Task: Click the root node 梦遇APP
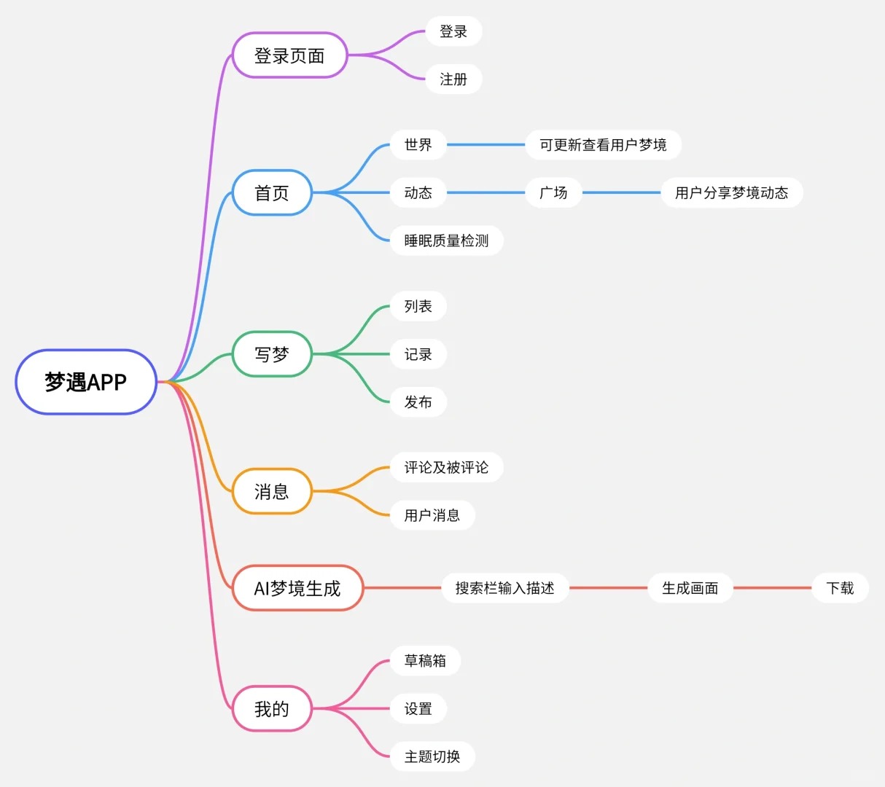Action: point(86,382)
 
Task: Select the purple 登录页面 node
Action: point(289,55)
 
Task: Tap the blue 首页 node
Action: point(272,193)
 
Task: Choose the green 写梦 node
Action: point(272,354)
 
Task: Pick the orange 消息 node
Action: point(272,492)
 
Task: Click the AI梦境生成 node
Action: point(297,588)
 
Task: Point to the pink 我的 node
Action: point(272,708)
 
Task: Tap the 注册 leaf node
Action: point(453,79)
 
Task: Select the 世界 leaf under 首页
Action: point(418,145)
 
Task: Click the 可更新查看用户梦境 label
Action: point(603,145)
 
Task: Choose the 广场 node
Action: point(553,193)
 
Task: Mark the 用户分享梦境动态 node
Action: point(731,193)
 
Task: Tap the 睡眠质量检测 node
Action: point(446,240)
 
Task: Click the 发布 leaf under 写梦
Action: point(418,402)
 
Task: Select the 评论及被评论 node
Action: point(446,467)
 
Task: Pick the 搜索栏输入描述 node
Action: point(504,588)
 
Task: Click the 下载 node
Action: point(840,588)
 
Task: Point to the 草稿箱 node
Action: point(425,661)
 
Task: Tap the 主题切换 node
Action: point(432,756)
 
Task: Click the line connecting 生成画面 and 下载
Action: point(772,588)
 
